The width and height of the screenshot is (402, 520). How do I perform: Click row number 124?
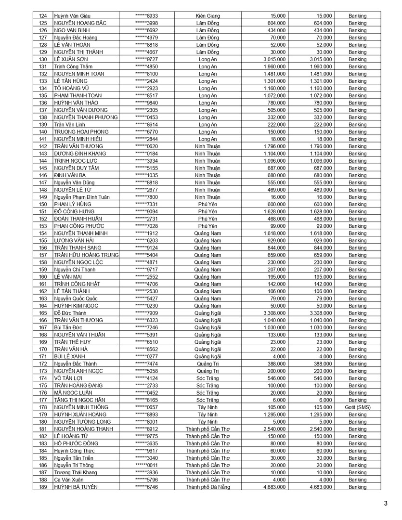click(x=43, y=16)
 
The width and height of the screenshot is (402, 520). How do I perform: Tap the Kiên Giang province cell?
click(x=207, y=16)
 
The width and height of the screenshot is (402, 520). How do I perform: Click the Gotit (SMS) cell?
click(x=357, y=407)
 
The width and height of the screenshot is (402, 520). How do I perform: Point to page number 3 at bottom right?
click(x=385, y=504)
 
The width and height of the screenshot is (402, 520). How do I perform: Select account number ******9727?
click(x=146, y=59)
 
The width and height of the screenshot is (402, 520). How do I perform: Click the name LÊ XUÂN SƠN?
click(x=71, y=59)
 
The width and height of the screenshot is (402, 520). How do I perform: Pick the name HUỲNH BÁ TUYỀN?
click(x=76, y=487)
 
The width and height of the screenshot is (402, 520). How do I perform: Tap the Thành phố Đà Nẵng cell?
click(x=207, y=487)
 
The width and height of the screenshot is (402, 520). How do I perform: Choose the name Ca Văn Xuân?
click(x=69, y=480)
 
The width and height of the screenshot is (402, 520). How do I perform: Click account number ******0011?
click(x=146, y=465)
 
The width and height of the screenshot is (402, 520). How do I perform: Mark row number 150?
click(x=43, y=204)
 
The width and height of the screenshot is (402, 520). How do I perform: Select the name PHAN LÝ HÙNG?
click(x=73, y=204)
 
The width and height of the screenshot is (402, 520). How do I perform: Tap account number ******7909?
click(x=146, y=313)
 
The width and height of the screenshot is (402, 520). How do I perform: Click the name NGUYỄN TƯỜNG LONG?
click(x=79, y=422)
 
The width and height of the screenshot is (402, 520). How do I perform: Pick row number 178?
click(x=43, y=407)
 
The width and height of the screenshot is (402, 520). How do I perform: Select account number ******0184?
click(x=146, y=154)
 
